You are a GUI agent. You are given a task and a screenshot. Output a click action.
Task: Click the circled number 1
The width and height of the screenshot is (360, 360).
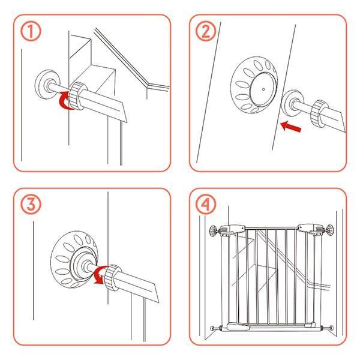[31, 31]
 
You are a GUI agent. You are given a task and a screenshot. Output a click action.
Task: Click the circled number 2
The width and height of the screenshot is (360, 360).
[206, 31]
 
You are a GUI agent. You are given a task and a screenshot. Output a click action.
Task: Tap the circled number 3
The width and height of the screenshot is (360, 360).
[31, 204]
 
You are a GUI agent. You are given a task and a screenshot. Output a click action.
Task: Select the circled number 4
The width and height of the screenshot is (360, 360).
[206, 204]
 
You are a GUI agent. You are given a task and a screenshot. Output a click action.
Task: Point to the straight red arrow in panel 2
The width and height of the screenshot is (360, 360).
[291, 127]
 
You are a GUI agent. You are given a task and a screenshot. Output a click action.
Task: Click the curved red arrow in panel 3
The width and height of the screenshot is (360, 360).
[100, 275]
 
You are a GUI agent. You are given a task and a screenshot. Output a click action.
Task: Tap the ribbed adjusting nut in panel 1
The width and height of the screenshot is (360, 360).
[77, 95]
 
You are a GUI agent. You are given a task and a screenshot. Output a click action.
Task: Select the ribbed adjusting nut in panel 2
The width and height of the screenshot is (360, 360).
[319, 113]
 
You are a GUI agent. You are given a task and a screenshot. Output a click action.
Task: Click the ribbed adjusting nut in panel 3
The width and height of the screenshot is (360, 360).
[113, 278]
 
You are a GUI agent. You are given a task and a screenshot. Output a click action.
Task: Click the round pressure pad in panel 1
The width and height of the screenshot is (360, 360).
[47, 84]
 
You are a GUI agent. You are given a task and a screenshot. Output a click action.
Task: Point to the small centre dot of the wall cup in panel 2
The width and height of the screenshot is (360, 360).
[263, 89]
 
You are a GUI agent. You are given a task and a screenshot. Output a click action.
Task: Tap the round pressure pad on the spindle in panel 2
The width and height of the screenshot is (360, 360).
[292, 103]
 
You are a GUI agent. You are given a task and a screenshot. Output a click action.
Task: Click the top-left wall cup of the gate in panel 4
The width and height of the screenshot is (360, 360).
[213, 230]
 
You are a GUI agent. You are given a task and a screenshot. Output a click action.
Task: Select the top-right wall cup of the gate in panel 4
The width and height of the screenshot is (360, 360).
[330, 230]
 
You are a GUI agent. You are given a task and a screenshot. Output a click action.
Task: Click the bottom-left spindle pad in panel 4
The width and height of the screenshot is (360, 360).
[213, 328]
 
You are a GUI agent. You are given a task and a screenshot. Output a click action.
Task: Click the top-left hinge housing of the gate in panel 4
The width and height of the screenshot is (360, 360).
[232, 230]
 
